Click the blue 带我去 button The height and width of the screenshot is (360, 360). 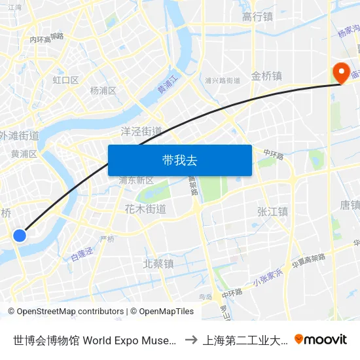click(179, 160)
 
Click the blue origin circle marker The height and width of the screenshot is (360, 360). click(20, 235)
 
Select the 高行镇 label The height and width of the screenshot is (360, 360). click(257, 17)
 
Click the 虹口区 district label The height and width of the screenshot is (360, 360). click(65, 81)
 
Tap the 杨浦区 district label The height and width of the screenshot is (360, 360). click(103, 90)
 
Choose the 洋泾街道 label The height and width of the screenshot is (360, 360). click(141, 131)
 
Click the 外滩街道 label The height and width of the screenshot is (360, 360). click(20, 136)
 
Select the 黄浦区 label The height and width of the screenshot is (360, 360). click(24, 154)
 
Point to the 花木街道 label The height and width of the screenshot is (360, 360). click(145, 209)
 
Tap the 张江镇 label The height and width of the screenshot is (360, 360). click(272, 211)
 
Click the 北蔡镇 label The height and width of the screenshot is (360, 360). click(158, 264)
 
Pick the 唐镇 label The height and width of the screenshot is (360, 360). click(350, 206)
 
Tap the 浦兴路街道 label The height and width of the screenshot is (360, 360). click(223, 81)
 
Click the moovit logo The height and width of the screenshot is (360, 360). click(321, 339)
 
